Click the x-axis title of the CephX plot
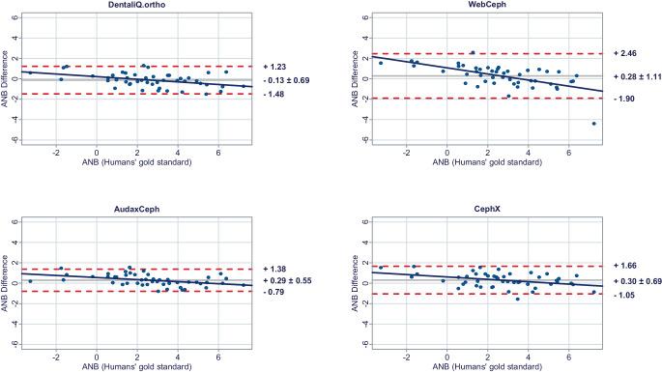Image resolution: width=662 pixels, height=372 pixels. pos(482,367)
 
